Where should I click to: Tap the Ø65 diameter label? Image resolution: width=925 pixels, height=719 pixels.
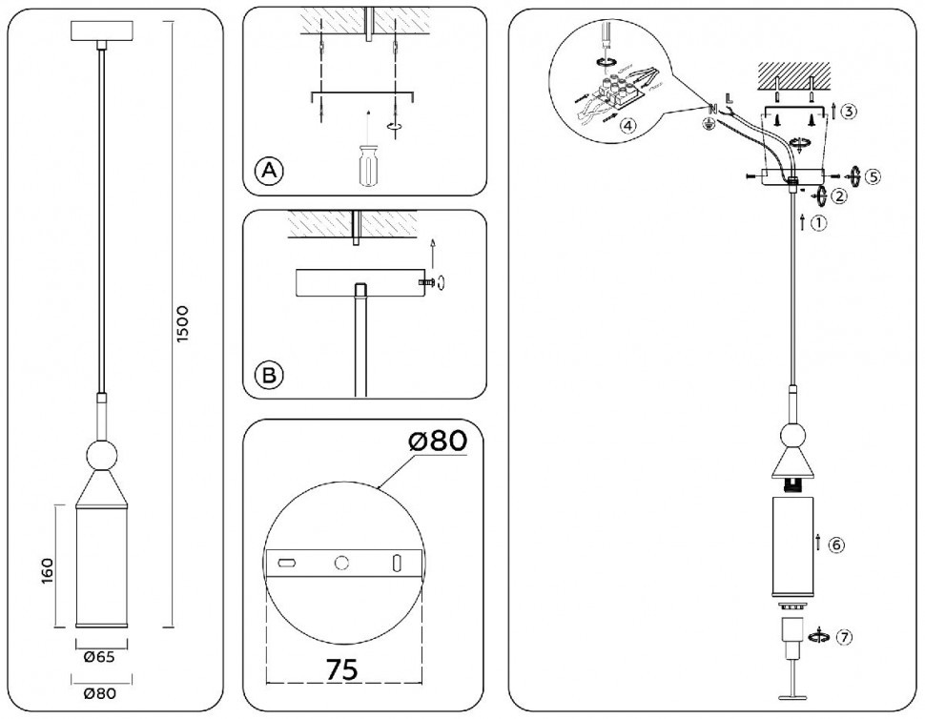click(x=100, y=655)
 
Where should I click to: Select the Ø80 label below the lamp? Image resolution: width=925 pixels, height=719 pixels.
click(x=100, y=693)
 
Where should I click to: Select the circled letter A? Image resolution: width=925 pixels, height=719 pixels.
click(x=270, y=171)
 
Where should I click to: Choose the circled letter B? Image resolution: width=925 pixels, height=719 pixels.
click(x=270, y=376)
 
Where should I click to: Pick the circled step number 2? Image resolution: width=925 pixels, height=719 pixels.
click(x=839, y=196)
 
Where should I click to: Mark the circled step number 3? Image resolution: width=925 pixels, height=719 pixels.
click(x=850, y=111)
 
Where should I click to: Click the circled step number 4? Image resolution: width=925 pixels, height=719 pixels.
click(x=627, y=126)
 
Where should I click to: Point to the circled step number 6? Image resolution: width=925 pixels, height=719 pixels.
click(x=835, y=545)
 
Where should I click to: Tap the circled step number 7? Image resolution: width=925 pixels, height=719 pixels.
click(x=841, y=637)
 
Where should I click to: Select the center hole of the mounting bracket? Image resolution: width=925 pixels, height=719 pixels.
click(x=340, y=563)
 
